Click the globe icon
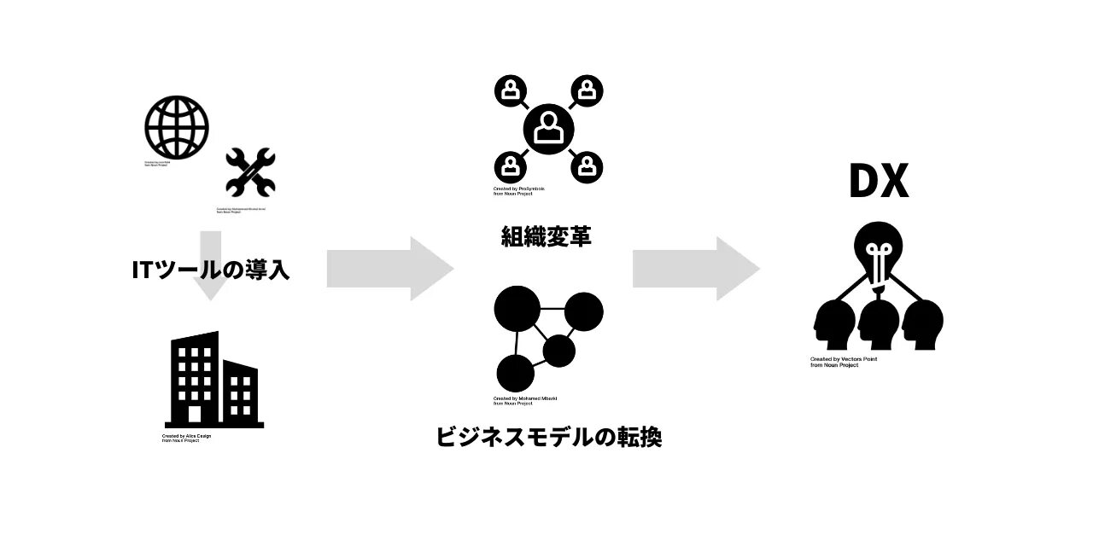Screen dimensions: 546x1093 177,127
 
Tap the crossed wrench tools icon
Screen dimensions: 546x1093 250,173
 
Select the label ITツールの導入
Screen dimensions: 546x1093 210,270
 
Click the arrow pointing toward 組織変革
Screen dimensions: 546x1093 389,269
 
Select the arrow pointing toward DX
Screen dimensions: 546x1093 695,269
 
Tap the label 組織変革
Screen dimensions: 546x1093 546,235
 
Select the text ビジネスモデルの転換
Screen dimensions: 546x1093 549,437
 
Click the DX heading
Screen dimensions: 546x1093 878,180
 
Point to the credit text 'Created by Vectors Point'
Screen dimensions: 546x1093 844,359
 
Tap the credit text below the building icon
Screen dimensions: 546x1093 186,436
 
